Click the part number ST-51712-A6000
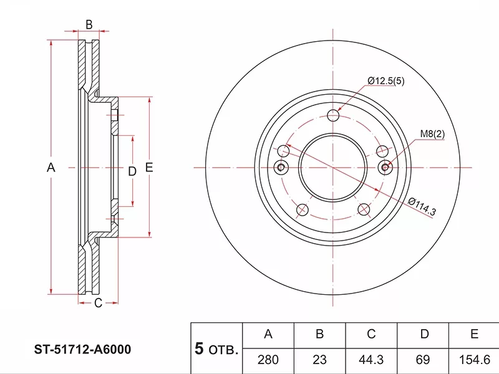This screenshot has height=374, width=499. point(83,350)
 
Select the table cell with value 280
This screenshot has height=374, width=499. point(268,360)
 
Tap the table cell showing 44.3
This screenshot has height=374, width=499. point(371,360)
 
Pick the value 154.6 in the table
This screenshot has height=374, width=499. point(474,360)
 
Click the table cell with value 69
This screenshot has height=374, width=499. point(423,360)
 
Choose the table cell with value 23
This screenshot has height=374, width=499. point(319,360)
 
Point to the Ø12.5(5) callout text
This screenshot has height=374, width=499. point(385,81)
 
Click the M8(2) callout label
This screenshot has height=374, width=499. point(432,134)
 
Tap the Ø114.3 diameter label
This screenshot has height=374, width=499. point(422,207)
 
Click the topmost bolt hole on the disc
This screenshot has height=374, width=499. point(333,115)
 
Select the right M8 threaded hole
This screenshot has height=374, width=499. point(385,166)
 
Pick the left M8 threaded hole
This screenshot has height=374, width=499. point(281,166)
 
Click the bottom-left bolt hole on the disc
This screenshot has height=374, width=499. point(303,209)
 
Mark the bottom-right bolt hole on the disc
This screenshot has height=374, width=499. point(364,209)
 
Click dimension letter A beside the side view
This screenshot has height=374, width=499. point(51,167)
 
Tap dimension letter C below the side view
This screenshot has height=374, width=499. point(98,303)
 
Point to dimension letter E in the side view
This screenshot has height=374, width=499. point(149,167)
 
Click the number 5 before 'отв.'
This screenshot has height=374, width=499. point(199,348)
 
